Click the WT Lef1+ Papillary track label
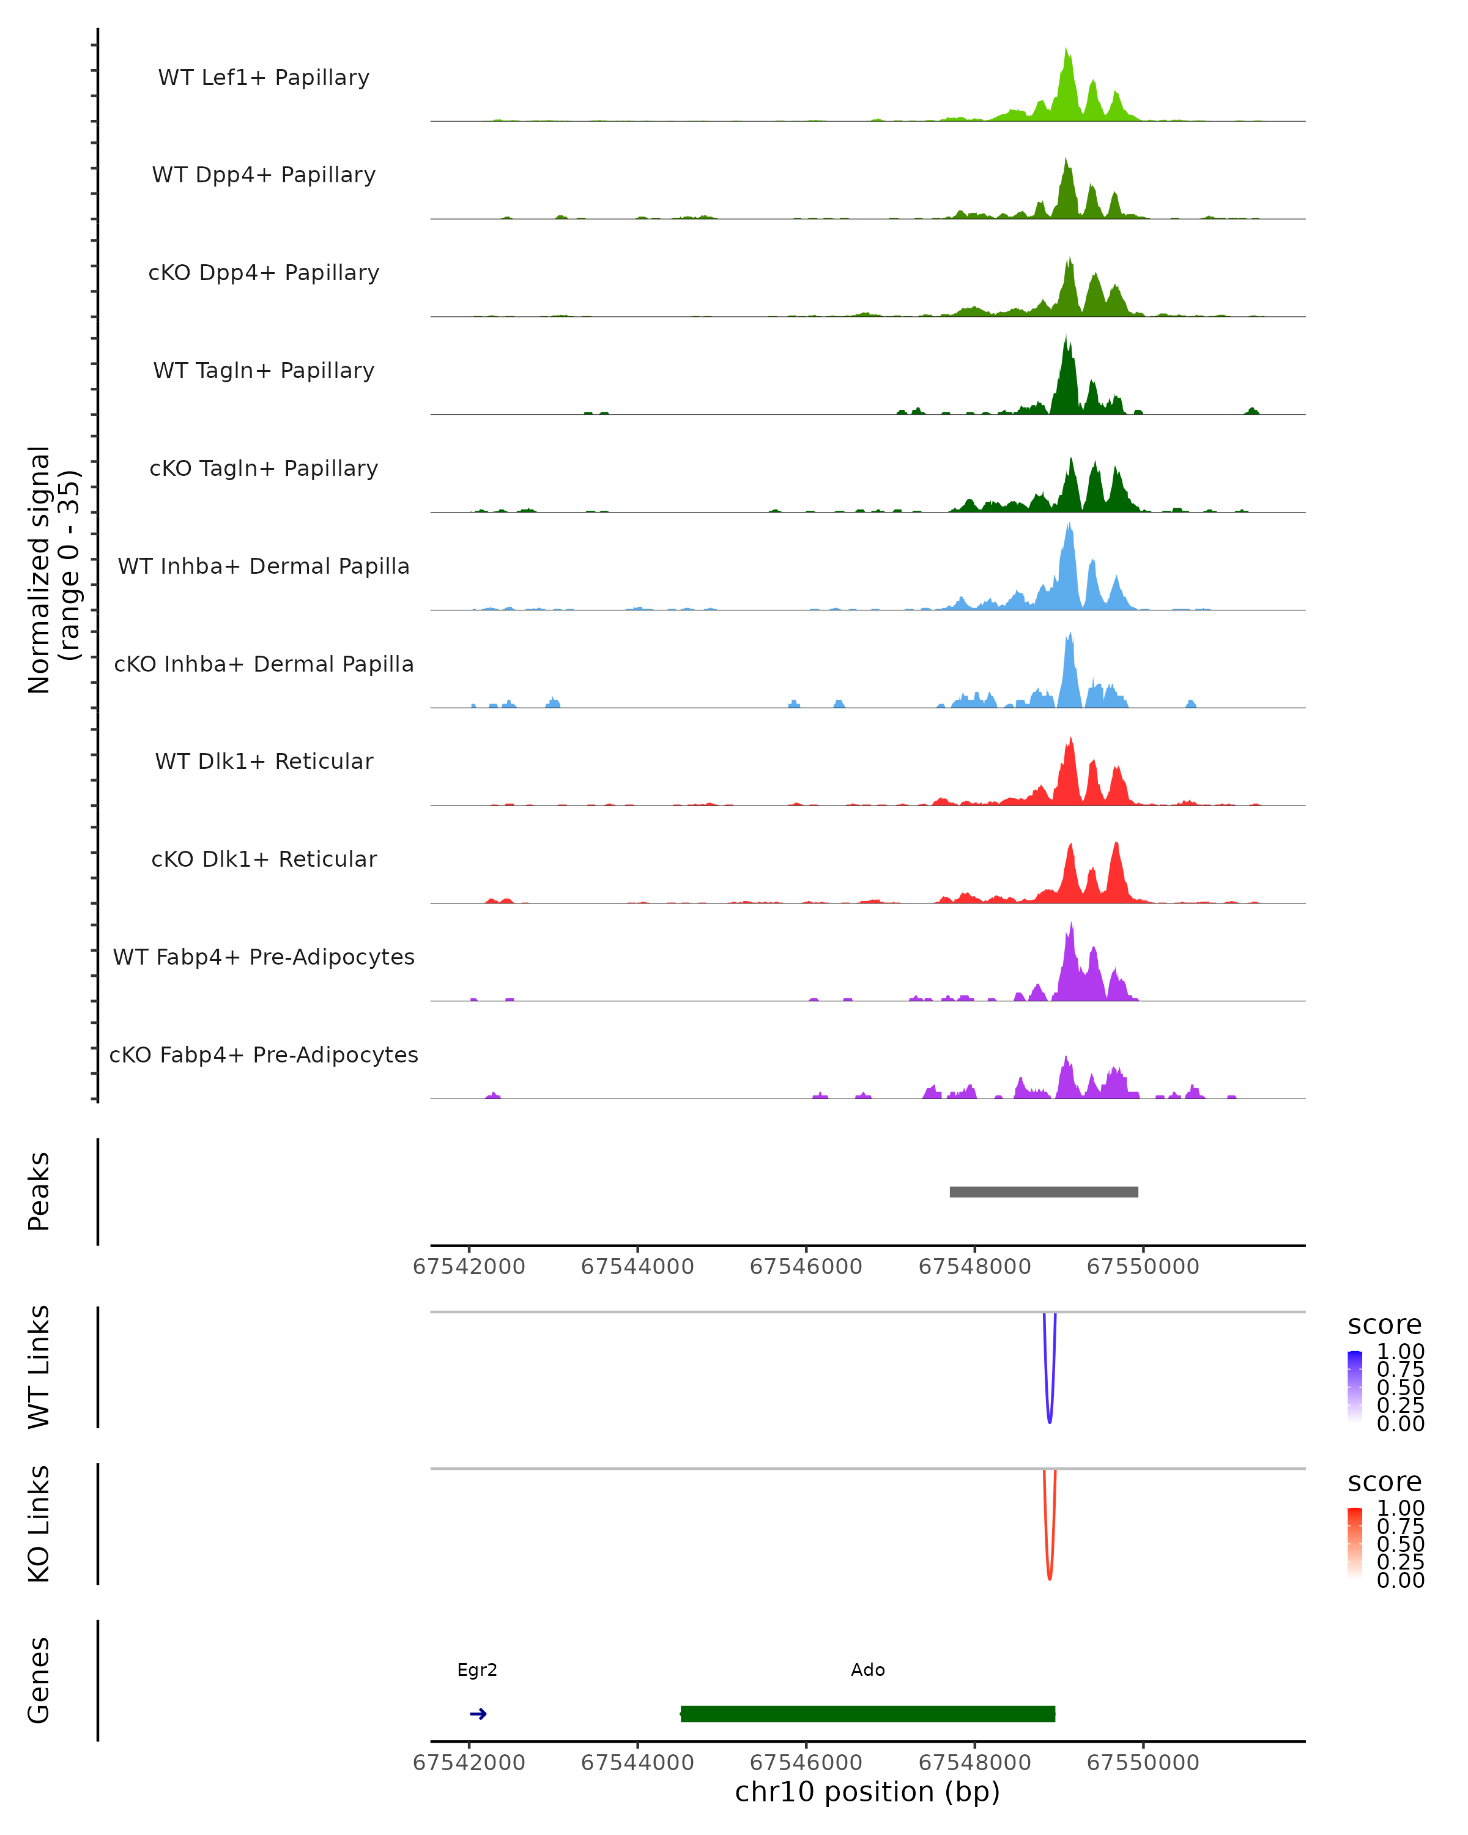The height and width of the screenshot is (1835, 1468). point(264,78)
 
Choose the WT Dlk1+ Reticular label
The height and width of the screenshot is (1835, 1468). point(264,762)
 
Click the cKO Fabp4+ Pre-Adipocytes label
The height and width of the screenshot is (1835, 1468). point(264,1055)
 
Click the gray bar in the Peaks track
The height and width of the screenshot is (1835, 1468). point(1044,1192)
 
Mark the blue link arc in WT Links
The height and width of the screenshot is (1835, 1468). point(1049,1413)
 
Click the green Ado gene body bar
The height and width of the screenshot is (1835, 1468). point(867,1713)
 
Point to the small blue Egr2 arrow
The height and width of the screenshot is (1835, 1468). point(478,1713)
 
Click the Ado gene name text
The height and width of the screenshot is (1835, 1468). point(867,1670)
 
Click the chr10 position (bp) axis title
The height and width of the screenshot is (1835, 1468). point(867,1792)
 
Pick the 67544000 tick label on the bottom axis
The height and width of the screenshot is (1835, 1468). point(637,1762)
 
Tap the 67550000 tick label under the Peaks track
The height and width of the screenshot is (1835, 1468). point(1143,1267)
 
